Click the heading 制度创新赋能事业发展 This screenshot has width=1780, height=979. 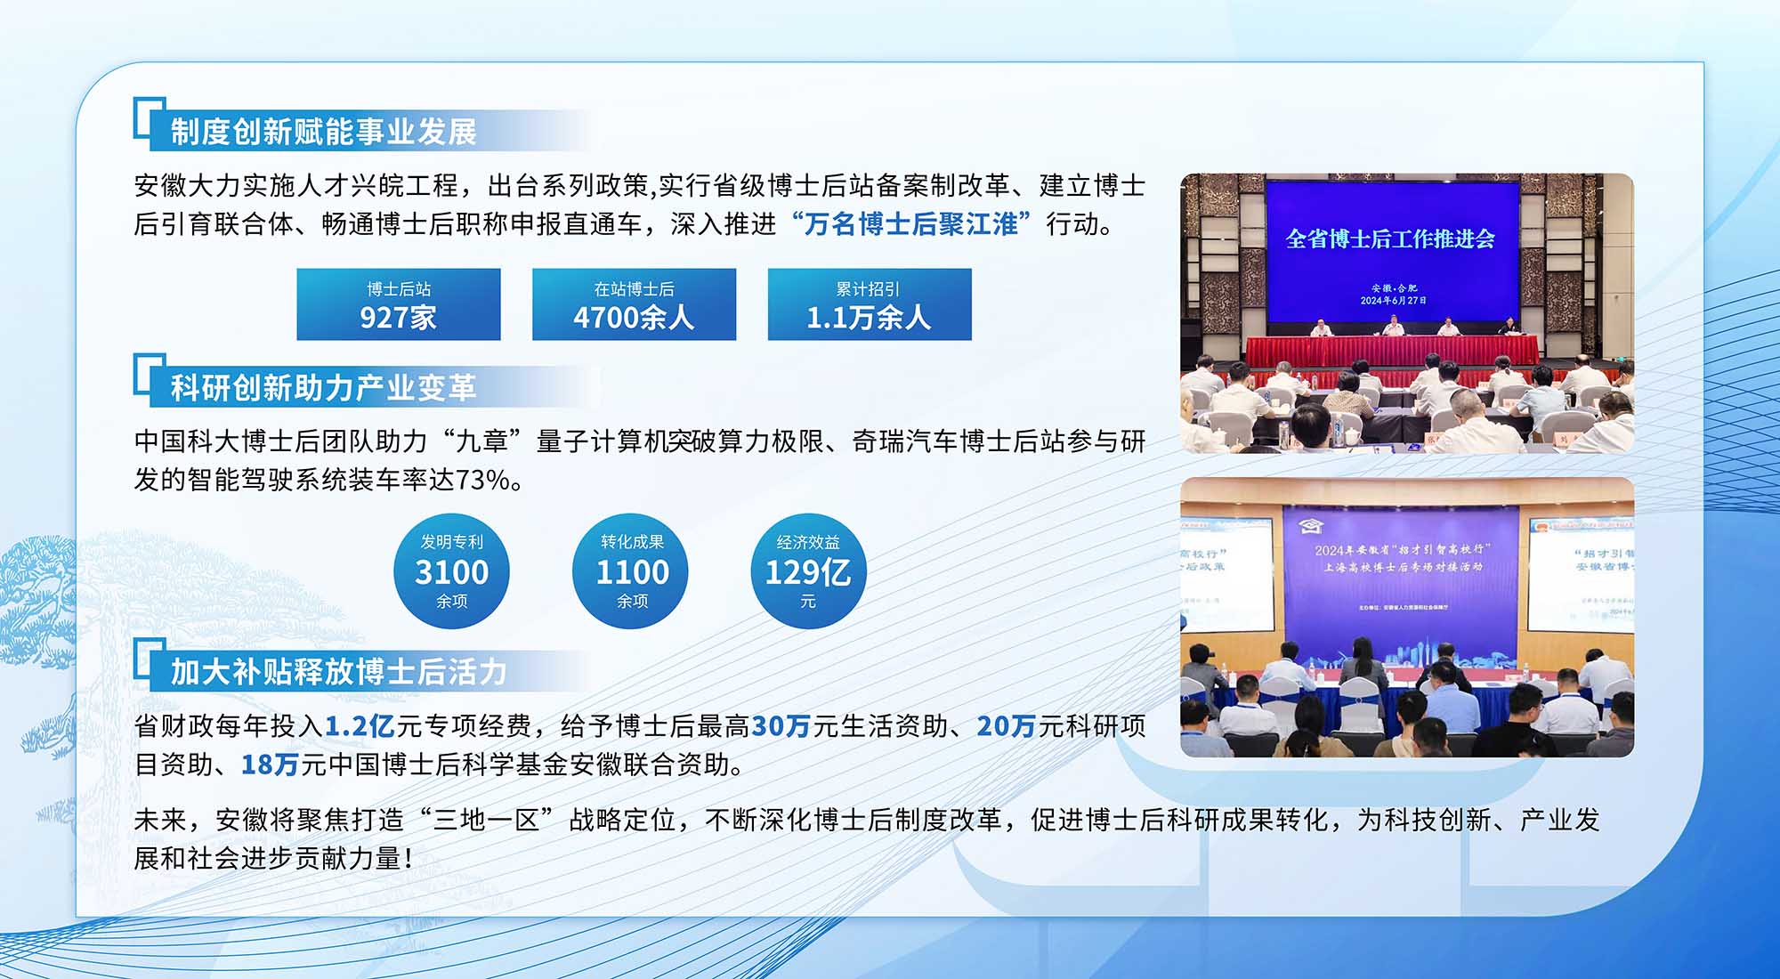[x=324, y=132]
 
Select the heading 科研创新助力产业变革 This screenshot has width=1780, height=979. [x=324, y=388]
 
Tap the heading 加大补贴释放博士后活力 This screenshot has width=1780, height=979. [x=339, y=671]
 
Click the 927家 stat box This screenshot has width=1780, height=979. [x=399, y=304]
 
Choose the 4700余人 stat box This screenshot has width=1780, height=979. [x=635, y=304]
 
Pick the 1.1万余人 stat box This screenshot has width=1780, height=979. [x=870, y=304]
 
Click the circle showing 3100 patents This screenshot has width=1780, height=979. [x=452, y=571]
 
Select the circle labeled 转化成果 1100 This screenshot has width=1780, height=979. [x=632, y=571]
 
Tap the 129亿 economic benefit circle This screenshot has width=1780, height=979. [x=808, y=571]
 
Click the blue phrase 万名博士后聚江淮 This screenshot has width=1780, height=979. [x=910, y=224]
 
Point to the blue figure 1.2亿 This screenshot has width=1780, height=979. [x=360, y=726]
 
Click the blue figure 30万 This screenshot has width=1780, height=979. [x=781, y=726]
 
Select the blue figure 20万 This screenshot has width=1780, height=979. [x=1007, y=726]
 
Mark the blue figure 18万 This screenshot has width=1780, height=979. [x=270, y=765]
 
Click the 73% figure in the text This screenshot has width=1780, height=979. [x=482, y=480]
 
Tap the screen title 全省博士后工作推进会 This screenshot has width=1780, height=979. [x=1390, y=239]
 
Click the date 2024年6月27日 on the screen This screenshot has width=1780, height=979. [x=1394, y=301]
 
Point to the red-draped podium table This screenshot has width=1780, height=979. [x=1392, y=349]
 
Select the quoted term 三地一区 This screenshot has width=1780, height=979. [x=487, y=820]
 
